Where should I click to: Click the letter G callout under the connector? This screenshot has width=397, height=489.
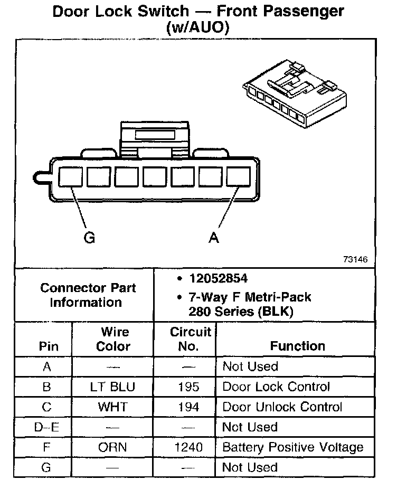[90, 238]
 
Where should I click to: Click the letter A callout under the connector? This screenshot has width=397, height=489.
[214, 238]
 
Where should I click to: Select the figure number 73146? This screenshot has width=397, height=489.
[355, 260]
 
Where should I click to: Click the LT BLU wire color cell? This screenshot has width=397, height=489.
[112, 387]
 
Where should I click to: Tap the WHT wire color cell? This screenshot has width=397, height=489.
[112, 407]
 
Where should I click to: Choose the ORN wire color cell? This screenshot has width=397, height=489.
[112, 448]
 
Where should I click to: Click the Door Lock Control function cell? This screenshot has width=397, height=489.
[276, 387]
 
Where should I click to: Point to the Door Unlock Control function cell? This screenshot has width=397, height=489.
[282, 407]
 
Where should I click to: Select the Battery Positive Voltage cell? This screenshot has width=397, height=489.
[293, 448]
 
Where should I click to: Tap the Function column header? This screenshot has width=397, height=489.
[298, 346]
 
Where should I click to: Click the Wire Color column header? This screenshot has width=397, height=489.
[114, 339]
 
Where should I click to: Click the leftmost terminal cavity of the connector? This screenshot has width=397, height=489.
[70, 176]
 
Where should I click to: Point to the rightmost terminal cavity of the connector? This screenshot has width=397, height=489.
[238, 176]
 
